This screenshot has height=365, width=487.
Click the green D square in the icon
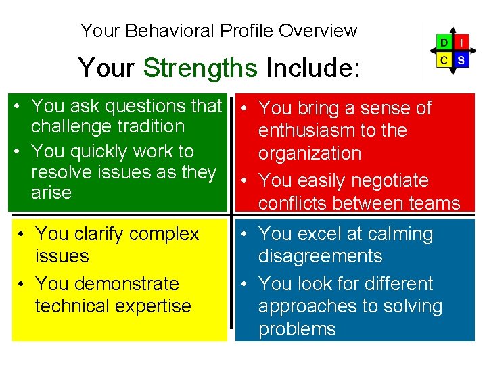(444, 43)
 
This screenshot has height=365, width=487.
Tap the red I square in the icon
(461, 43)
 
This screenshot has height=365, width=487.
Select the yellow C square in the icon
(444, 59)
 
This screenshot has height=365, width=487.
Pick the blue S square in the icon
(461, 59)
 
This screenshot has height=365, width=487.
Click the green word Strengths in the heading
(200, 68)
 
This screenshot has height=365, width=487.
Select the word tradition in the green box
(149, 126)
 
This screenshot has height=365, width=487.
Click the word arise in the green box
(51, 193)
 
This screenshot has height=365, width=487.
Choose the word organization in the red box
(310, 153)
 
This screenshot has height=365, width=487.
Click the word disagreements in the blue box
(320, 256)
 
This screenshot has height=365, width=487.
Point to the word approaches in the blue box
(304, 306)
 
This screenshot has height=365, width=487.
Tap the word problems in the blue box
(297, 329)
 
